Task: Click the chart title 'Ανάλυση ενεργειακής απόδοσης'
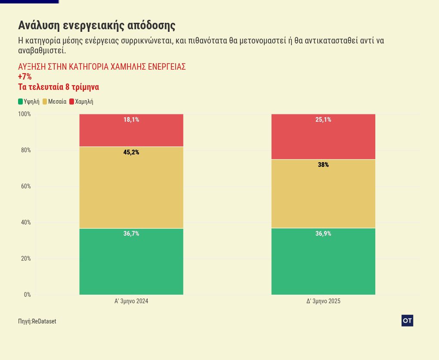97,25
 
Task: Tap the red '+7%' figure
25,77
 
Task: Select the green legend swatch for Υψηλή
20,102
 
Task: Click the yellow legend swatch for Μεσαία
45,102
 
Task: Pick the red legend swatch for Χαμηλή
71,102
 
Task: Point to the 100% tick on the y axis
24,114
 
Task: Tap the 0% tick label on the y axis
27,295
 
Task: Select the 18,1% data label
131,120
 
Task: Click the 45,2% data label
131,152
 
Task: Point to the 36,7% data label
131,234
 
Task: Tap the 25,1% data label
323,120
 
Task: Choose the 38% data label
323,165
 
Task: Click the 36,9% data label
323,234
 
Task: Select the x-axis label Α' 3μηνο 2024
131,301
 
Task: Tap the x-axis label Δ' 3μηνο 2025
323,301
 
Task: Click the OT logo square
407,320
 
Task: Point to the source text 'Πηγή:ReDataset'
37,321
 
